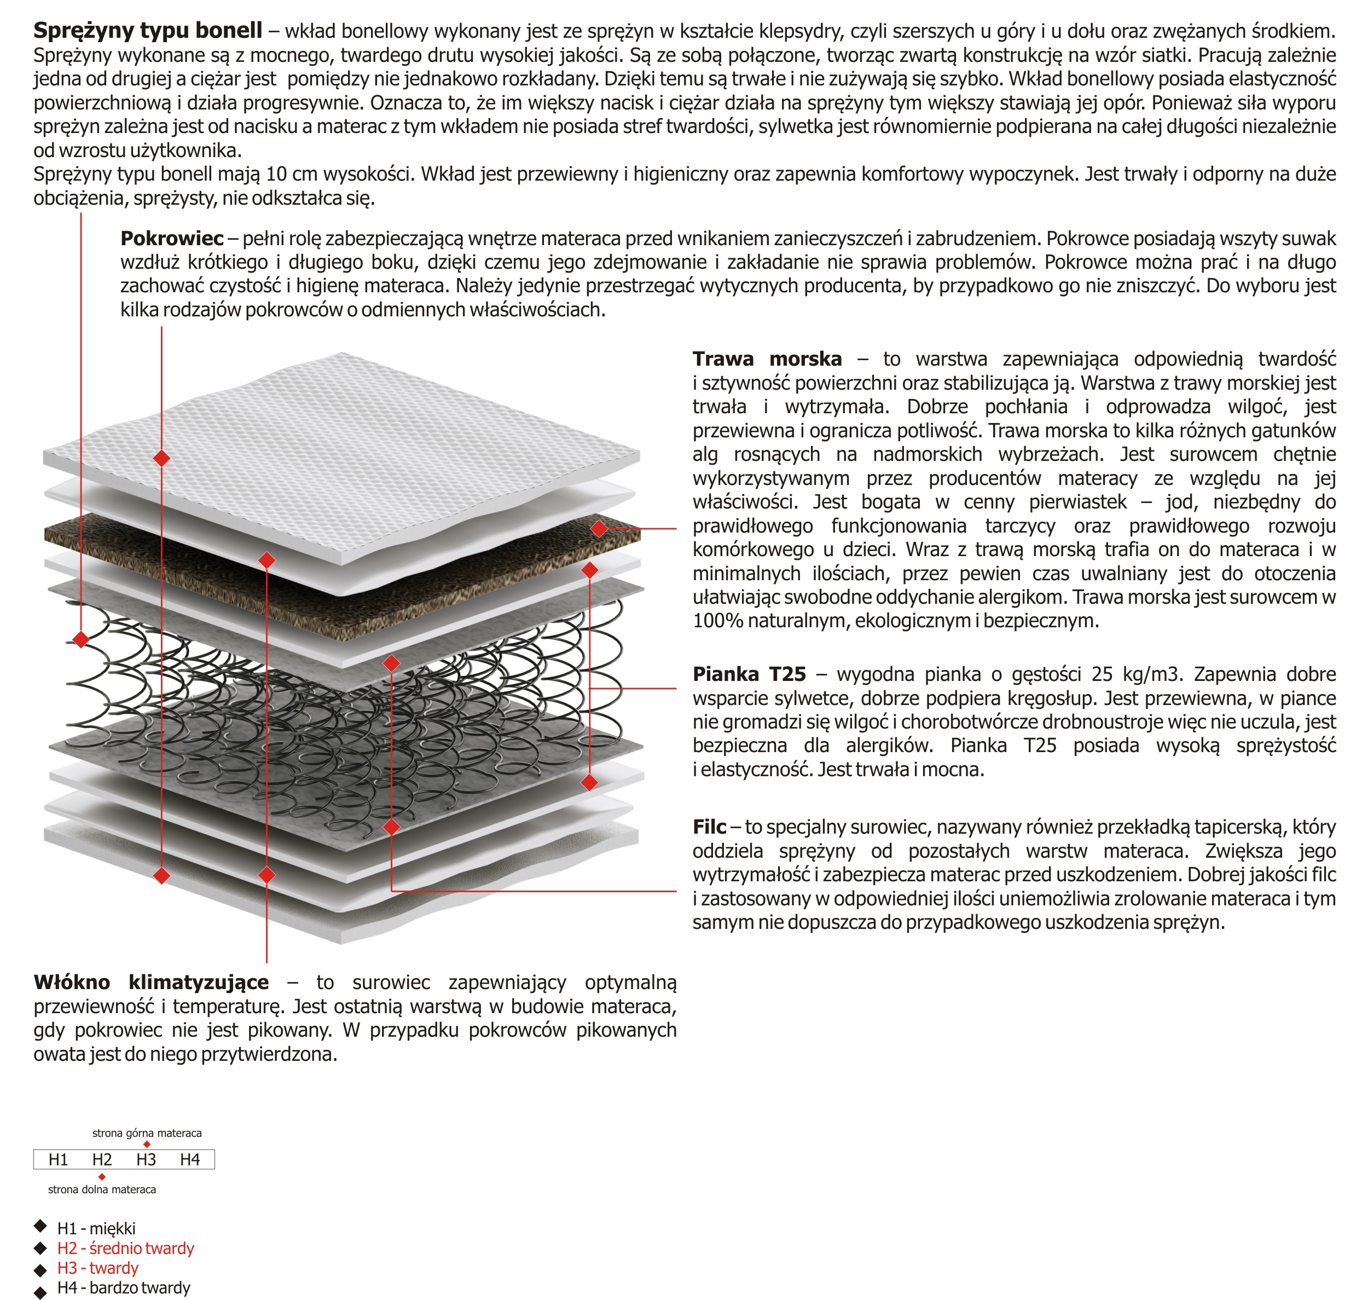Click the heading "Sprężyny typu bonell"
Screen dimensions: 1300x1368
(148, 31)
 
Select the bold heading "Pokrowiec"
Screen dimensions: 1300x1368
(172, 239)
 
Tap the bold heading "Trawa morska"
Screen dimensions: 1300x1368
(767, 359)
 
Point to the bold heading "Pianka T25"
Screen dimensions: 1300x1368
(750, 674)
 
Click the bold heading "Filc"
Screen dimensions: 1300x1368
(709, 827)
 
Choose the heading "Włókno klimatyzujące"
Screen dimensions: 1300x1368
(151, 982)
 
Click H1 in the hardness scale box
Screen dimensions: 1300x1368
(58, 1159)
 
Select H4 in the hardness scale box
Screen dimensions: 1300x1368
(189, 1159)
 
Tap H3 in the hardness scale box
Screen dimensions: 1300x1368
(146, 1159)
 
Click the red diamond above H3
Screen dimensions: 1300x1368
(146, 1144)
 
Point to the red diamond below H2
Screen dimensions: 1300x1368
(102, 1177)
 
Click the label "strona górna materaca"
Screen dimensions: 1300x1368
(147, 1133)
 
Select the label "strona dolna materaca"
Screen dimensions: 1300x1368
(102, 1189)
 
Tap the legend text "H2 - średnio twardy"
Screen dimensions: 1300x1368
(125, 1248)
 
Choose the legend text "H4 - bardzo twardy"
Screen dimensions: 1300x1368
(123, 1287)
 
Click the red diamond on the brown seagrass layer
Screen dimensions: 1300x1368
(599, 529)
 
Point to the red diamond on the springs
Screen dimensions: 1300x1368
(81, 639)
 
